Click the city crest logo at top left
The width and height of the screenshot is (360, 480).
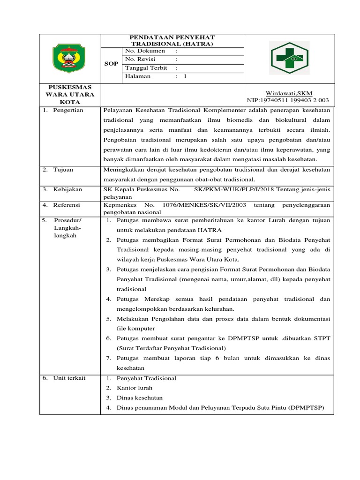click(x=68, y=58)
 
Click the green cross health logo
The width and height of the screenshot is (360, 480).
click(x=290, y=58)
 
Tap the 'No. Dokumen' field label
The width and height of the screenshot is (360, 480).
click(x=144, y=51)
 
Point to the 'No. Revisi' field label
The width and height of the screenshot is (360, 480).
click(x=141, y=59)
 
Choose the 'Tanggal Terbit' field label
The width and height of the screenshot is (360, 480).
click(x=146, y=67)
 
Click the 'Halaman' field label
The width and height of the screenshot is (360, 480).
click(x=138, y=76)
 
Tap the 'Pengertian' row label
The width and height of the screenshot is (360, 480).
click(x=67, y=110)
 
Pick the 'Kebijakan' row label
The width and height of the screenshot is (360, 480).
click(x=67, y=189)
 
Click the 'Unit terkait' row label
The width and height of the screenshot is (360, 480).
click(x=69, y=378)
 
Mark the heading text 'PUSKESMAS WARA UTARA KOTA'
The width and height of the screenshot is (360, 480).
click(x=70, y=94)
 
